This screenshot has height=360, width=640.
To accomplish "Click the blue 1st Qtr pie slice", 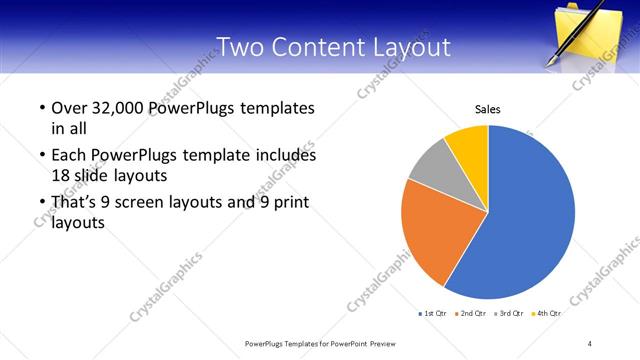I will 530,215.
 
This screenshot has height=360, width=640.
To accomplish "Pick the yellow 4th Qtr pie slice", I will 468,145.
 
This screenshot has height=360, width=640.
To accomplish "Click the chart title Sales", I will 487,110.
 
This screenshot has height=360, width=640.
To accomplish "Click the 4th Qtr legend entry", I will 546,313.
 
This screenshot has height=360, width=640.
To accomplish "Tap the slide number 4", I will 590,344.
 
